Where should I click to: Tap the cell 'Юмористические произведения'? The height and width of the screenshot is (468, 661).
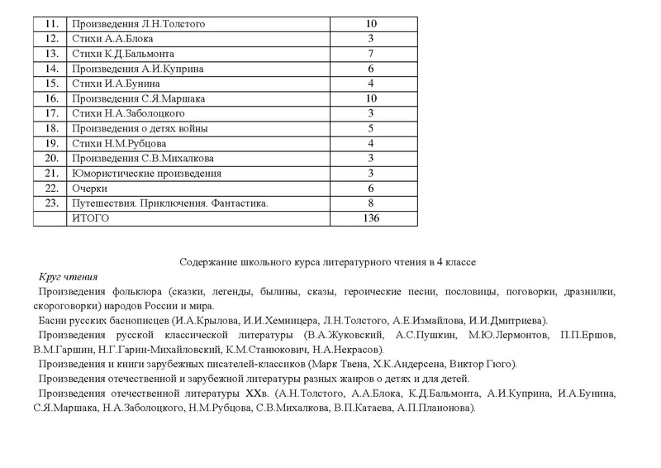pyautogui.click(x=147, y=173)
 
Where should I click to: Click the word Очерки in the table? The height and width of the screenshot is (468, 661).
pyautogui.click(x=90, y=188)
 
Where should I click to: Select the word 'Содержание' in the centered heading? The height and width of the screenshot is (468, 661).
pyautogui.click(x=207, y=262)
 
